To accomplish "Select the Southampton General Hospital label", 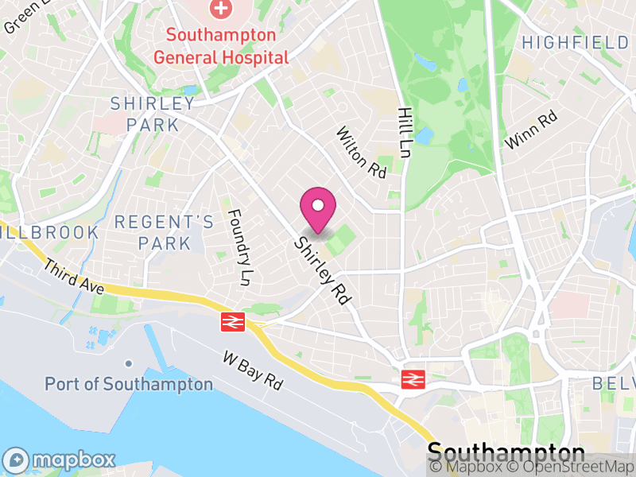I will pos(221,46).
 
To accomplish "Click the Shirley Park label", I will pos(153,114).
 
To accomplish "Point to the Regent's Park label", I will pos(164,232).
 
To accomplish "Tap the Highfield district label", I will pos(575,42).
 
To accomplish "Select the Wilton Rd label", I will pos(361,152).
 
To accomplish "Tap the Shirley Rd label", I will pos(322,271).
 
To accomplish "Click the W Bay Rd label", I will pos(254,370).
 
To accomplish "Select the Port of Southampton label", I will pos(129,384).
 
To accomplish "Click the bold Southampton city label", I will pos(506,452).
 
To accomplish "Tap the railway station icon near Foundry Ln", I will pos(233,321).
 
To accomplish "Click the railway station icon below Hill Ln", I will pos(412,379).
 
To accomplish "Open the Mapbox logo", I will pos(60,460).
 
